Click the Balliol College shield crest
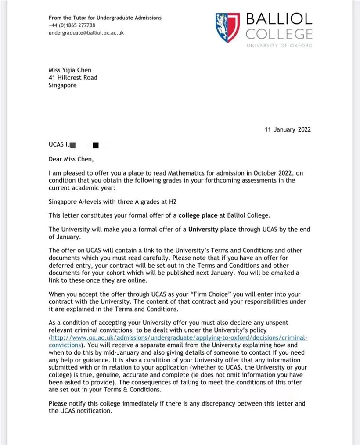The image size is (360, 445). pos(227,27)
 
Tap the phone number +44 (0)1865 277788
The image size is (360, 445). pos(72,25)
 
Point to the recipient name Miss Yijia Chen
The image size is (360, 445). pos(70,70)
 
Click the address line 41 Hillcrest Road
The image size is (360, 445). pos(73,78)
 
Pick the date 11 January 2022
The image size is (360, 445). pos(288,129)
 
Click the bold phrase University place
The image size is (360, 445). pos(212,229)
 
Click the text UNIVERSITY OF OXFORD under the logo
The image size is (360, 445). pos(279,46)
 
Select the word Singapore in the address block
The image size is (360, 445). pos(62,86)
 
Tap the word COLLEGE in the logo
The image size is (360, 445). pos(279,34)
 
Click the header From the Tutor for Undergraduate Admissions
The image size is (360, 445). pos(105,18)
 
